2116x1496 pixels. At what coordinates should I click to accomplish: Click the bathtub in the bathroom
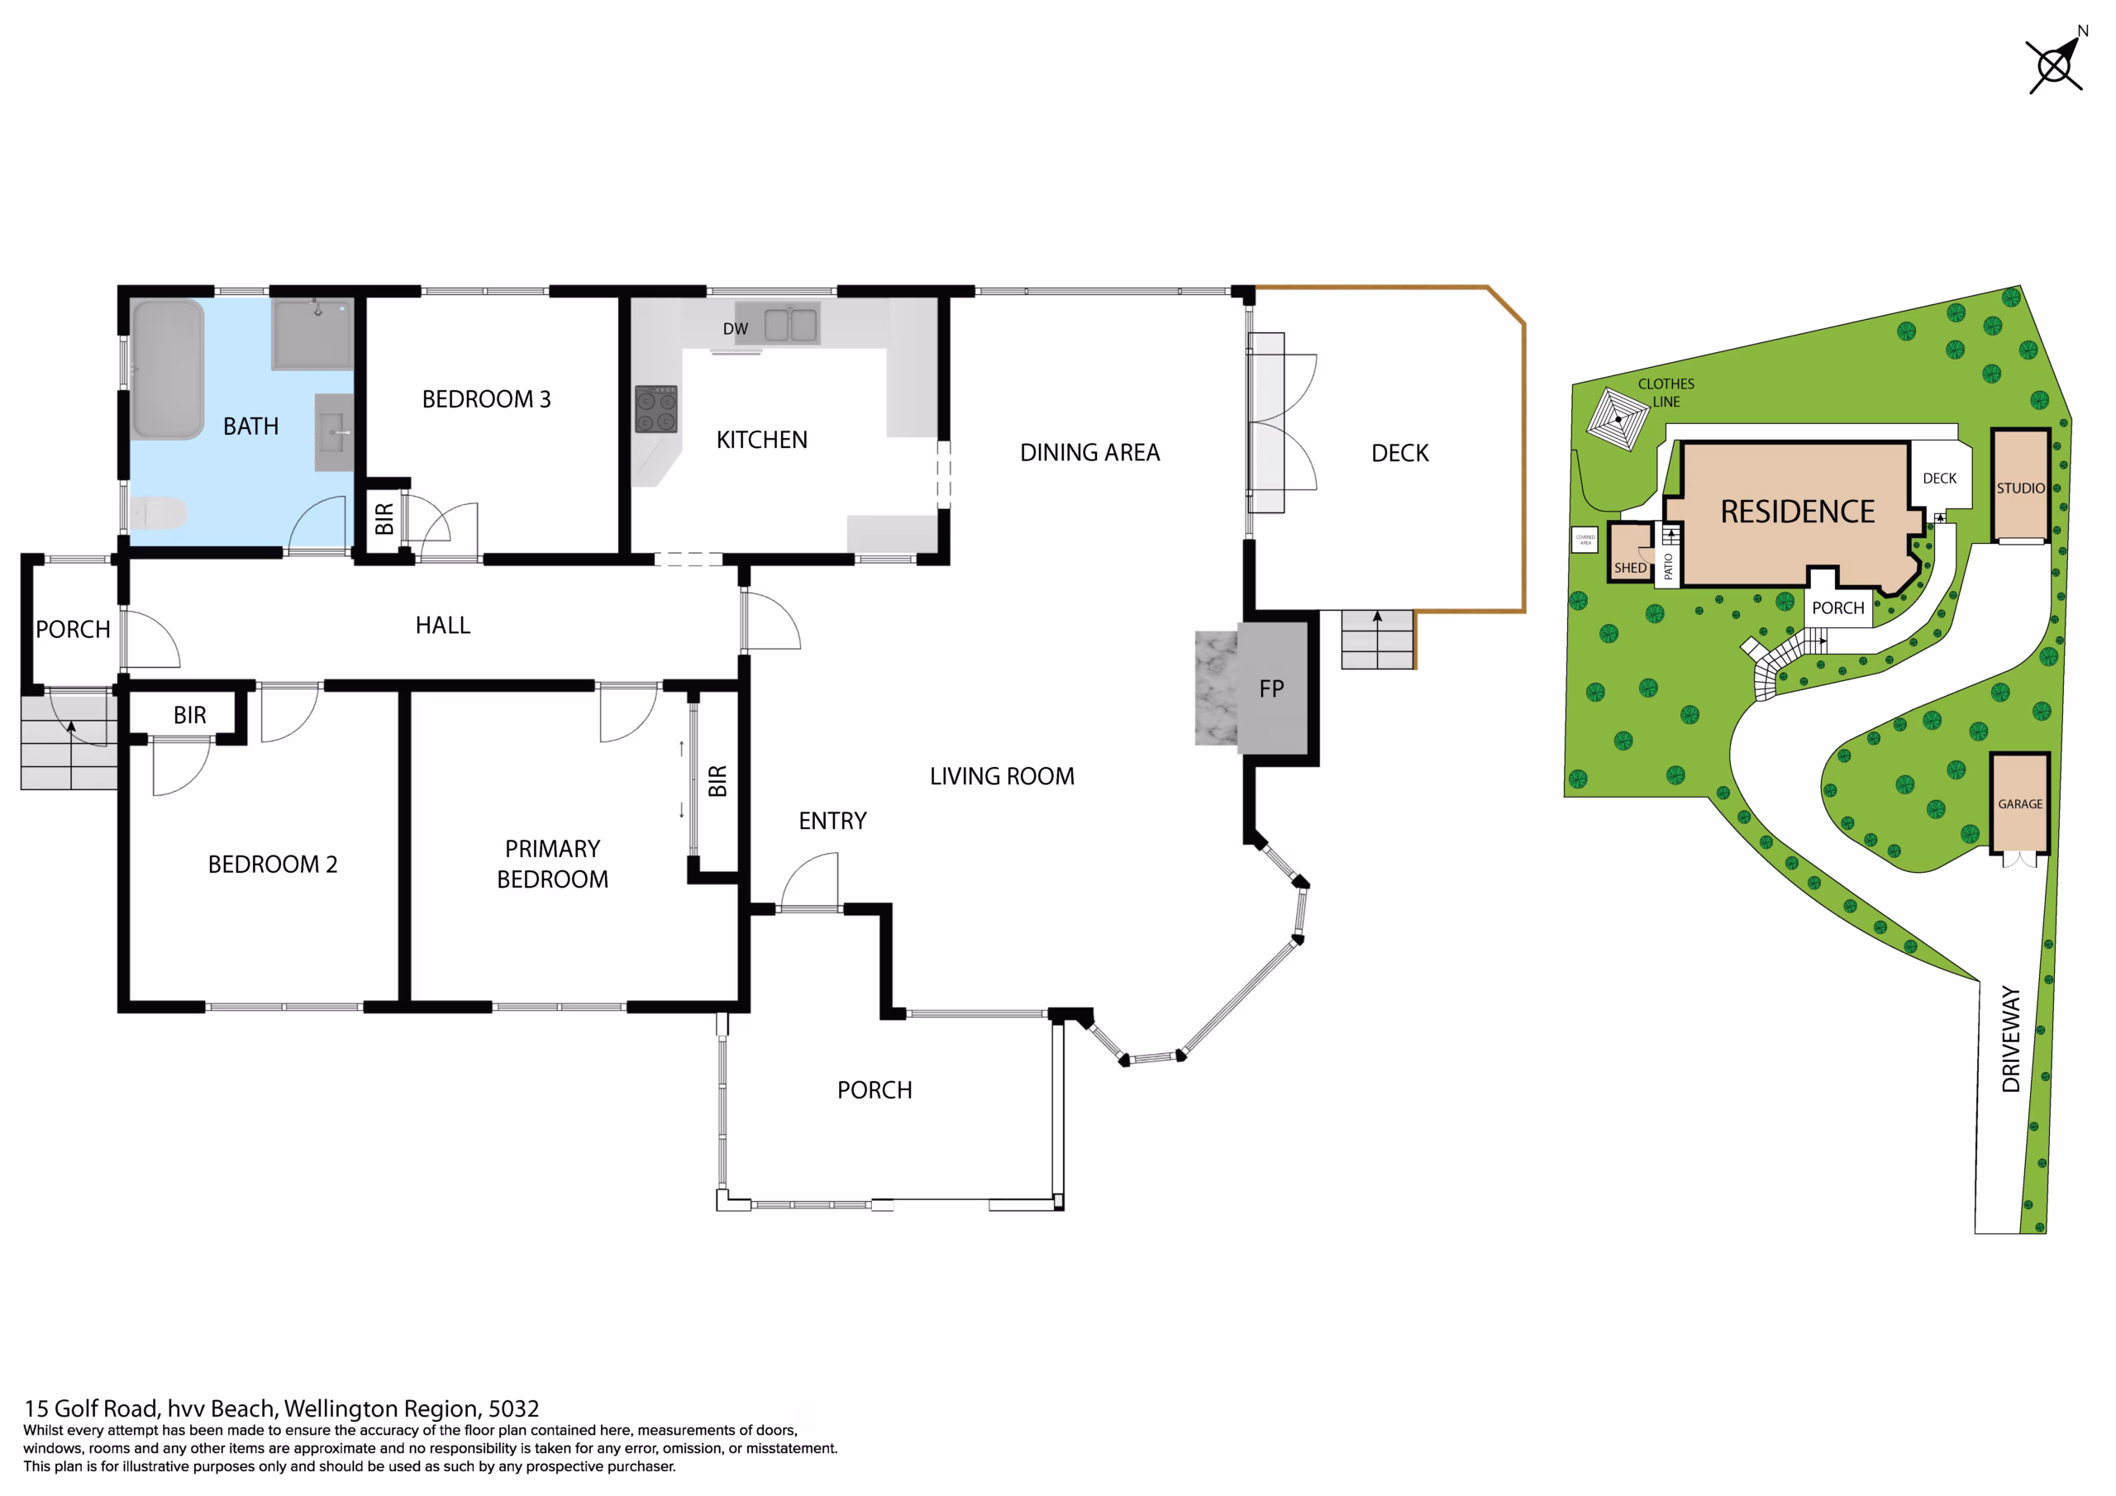coord(168,369)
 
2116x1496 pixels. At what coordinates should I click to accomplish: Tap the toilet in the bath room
coord(158,513)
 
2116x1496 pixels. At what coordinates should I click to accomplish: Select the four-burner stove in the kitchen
coord(656,409)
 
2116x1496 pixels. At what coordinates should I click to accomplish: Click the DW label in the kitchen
coord(736,329)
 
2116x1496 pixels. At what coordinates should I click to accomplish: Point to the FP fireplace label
coord(1272,688)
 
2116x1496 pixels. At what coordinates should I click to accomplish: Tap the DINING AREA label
coord(1090,453)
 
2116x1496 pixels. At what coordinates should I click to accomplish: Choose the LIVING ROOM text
coord(1002,776)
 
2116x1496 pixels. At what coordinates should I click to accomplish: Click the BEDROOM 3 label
coord(487,399)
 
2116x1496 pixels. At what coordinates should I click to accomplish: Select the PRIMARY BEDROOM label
coord(553,864)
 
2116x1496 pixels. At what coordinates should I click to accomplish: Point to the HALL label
coord(443,625)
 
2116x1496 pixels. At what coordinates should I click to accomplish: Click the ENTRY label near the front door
coord(833,821)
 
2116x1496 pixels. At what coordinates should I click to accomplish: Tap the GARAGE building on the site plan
coord(2020,803)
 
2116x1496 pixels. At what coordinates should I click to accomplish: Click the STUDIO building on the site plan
coord(2021,486)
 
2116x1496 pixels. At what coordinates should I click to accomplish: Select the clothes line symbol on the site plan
coord(1618,419)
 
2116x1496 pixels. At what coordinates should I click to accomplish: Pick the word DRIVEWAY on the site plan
coord(2011,1039)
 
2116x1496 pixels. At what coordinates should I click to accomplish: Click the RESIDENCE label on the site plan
coord(1798,512)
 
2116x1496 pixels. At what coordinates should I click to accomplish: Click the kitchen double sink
coord(791,325)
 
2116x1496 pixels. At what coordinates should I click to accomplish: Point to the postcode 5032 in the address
coord(513,1408)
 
